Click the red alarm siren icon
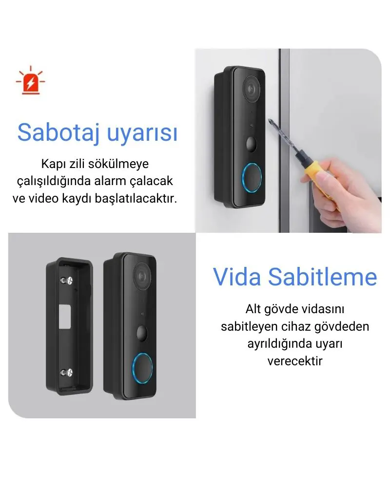(x=31, y=80)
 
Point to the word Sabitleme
(x=323, y=277)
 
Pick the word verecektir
(x=295, y=361)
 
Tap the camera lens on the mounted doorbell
(x=251, y=89)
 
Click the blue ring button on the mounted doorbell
(x=252, y=177)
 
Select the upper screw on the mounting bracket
(x=67, y=281)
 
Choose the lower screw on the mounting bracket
(x=67, y=373)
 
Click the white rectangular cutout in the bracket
(x=65, y=318)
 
